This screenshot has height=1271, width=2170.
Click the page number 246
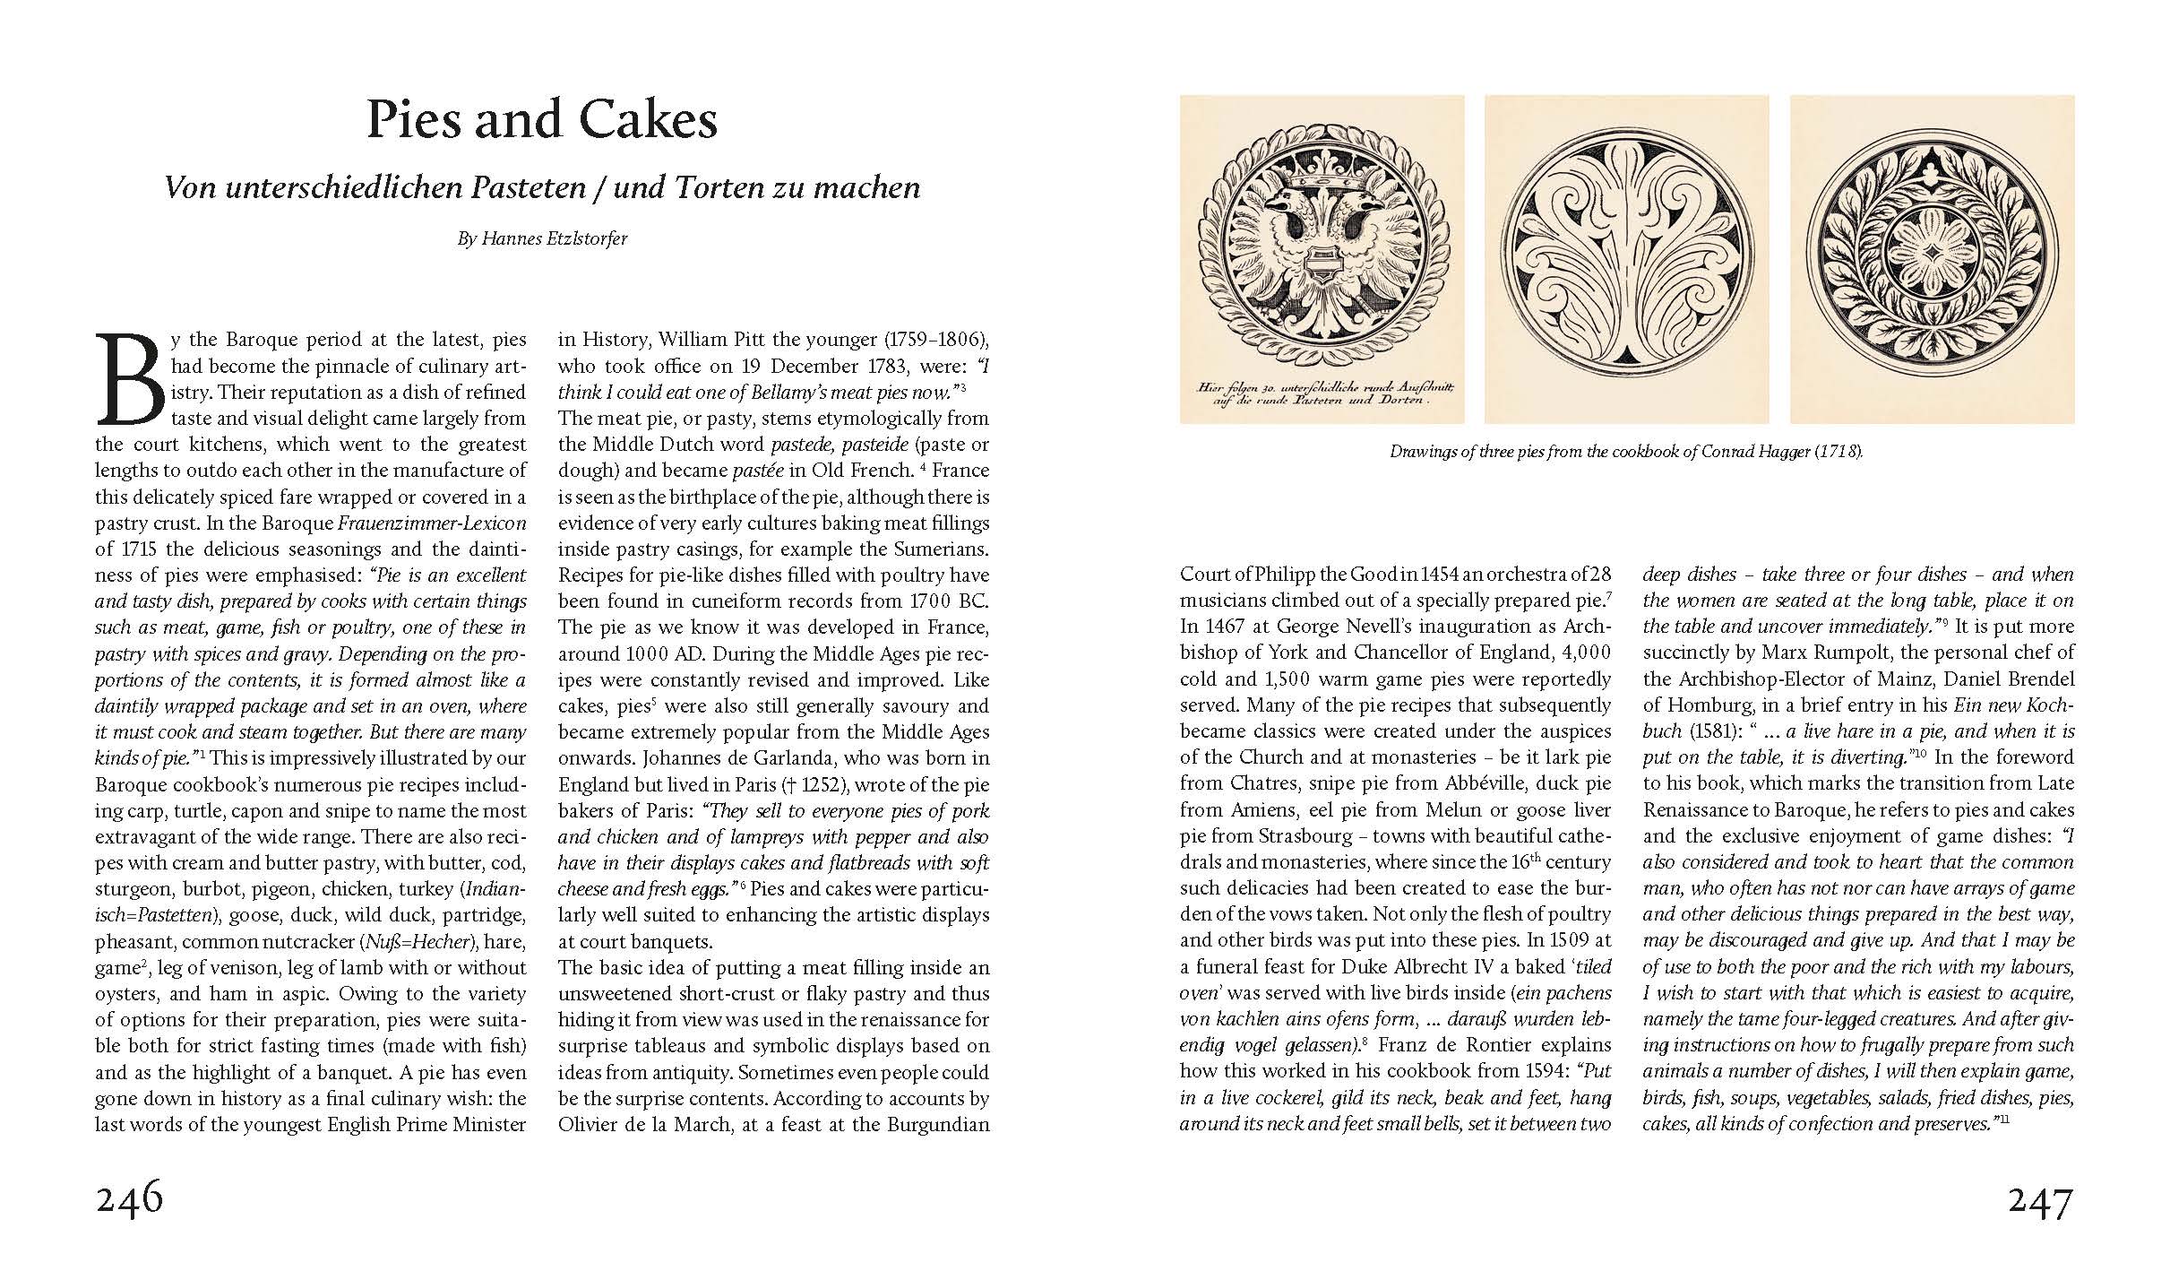click(x=129, y=1199)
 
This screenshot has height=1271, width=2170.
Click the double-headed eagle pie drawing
click(x=1322, y=260)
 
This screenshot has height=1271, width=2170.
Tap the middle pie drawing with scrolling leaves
click(x=1626, y=260)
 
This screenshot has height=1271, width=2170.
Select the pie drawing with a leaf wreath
click(x=1932, y=260)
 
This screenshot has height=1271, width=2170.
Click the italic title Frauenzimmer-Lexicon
click(x=432, y=523)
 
